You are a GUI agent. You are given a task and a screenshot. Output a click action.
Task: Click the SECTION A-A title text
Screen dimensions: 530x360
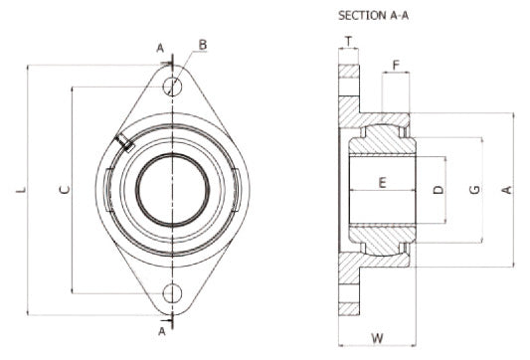[373, 16]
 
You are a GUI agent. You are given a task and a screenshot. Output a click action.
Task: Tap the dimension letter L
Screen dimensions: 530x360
[21, 190]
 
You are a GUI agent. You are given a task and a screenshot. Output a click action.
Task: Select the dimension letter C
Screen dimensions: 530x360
[65, 190]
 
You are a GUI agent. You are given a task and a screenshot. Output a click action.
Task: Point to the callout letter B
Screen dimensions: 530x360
[203, 45]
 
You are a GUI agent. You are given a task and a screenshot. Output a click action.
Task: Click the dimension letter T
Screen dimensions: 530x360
[348, 42]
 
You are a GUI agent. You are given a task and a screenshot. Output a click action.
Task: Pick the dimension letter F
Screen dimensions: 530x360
[396, 65]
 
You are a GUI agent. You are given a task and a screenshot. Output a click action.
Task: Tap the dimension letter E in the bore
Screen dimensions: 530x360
[382, 183]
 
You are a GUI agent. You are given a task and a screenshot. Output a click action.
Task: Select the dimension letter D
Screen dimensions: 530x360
[439, 190]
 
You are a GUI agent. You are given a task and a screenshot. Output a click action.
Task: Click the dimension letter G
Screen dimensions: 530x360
[475, 190]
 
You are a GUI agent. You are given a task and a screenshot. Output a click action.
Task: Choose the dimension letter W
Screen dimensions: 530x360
[378, 338]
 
